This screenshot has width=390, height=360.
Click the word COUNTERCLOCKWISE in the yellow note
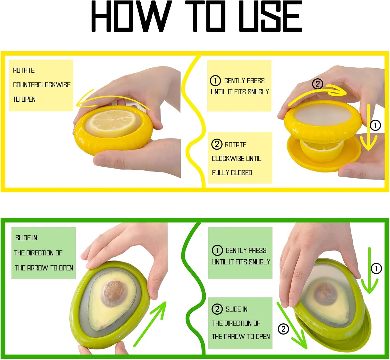[42, 85]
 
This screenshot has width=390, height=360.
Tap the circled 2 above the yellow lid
[317, 84]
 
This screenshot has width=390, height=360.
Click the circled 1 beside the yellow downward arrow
[375, 126]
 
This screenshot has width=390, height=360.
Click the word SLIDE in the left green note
[23, 238]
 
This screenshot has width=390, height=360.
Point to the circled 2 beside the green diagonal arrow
[283, 329]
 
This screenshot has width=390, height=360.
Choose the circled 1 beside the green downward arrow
[376, 268]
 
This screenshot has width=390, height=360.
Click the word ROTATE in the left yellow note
[24, 70]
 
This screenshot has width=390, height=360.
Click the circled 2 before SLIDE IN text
[217, 309]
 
